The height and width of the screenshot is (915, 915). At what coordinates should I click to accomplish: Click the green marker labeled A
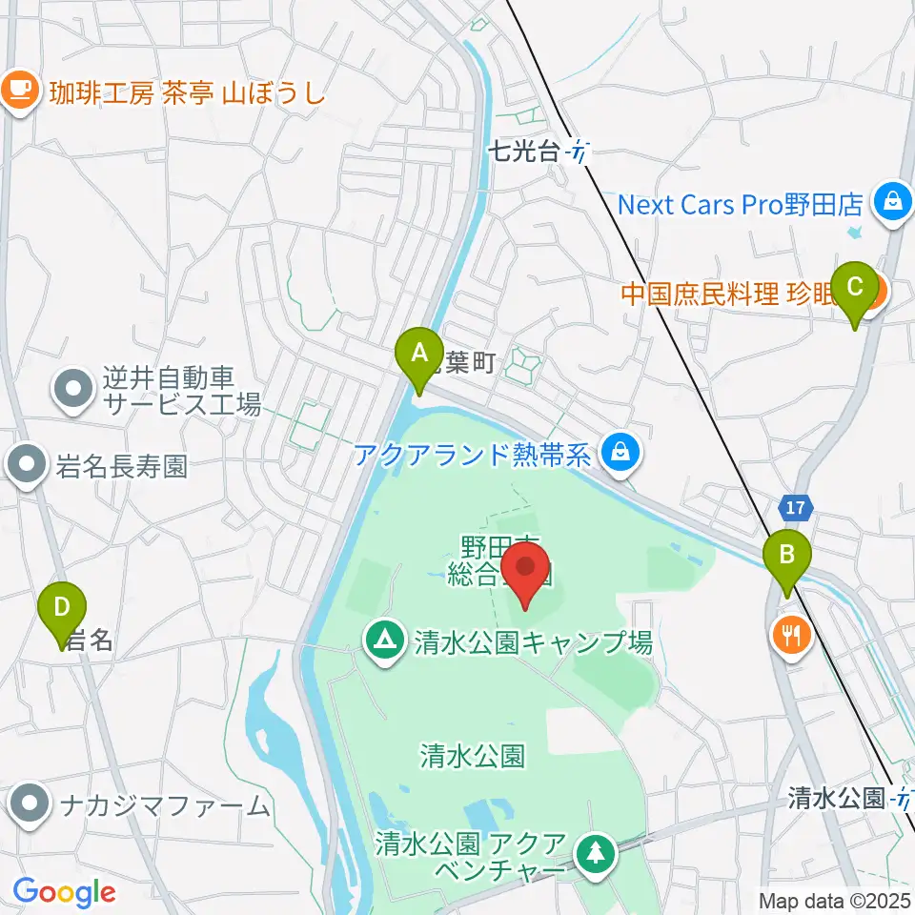[x=418, y=355]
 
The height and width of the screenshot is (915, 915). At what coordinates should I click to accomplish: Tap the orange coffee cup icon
[x=19, y=91]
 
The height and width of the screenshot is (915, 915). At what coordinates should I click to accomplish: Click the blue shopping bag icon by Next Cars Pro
[x=893, y=203]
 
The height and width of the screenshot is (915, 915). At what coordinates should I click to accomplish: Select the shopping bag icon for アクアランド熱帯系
[x=620, y=451]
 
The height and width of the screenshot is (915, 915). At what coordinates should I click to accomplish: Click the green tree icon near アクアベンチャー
[x=596, y=852]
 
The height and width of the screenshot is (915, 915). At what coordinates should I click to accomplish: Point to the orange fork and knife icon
[x=791, y=633]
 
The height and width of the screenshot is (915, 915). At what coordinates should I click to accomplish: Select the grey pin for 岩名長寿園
[x=25, y=467]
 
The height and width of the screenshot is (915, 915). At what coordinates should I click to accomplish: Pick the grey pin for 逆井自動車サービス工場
[x=74, y=390]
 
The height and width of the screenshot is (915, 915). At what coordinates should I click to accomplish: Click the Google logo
[x=64, y=892]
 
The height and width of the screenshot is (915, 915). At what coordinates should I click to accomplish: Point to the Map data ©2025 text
[x=836, y=900]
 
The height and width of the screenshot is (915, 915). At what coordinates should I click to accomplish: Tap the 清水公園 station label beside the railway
[x=837, y=799]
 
